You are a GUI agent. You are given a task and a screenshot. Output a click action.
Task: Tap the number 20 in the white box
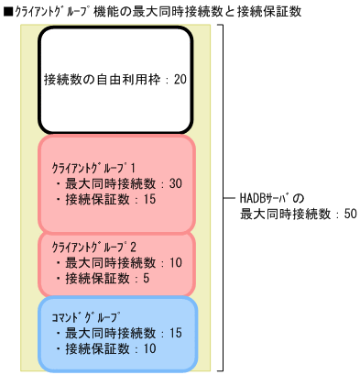point(180,79)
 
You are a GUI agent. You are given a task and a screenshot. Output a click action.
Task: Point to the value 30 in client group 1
point(176,183)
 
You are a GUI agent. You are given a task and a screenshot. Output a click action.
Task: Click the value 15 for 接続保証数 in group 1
point(150,199)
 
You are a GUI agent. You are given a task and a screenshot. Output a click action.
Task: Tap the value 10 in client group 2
point(176,263)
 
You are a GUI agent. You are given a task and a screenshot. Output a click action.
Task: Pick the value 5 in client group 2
point(147,278)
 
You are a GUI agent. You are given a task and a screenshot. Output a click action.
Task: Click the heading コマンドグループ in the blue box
point(85,317)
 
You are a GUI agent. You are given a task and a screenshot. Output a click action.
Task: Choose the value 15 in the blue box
point(176,333)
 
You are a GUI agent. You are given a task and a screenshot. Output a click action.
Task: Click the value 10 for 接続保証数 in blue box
point(150,348)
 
